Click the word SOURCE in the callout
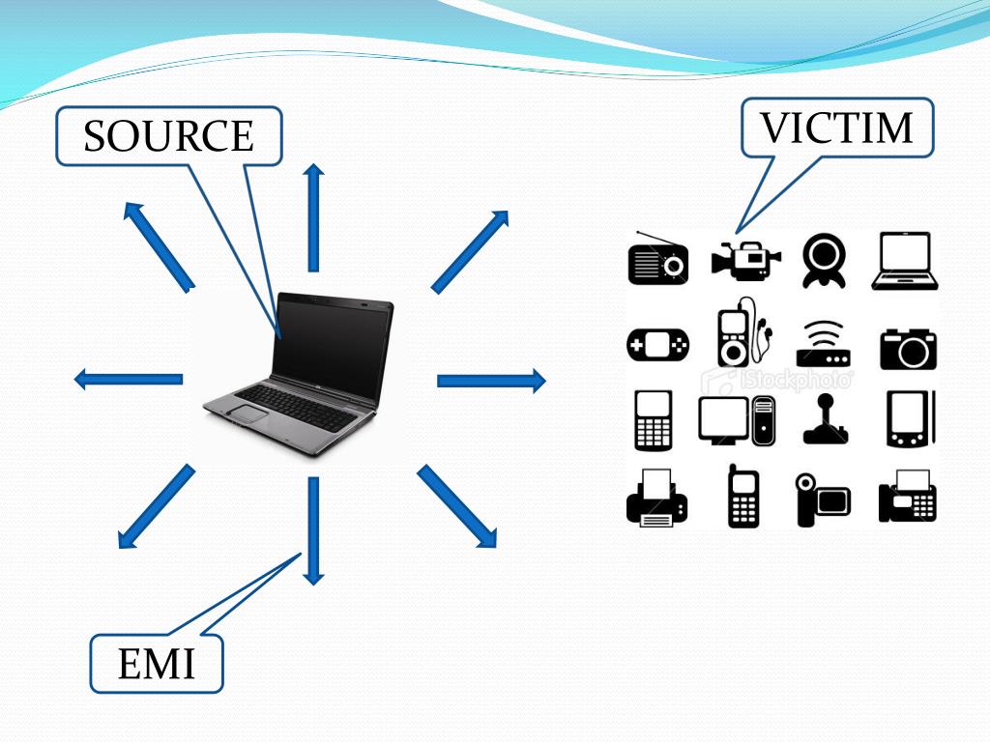[x=168, y=136]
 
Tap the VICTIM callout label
[x=837, y=128]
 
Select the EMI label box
[x=157, y=664]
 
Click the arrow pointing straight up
[x=313, y=217]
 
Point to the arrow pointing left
[x=129, y=379]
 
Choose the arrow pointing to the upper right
[x=470, y=251]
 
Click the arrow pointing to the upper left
[x=159, y=245]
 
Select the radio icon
[x=658, y=259]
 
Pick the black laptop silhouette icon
[x=905, y=261]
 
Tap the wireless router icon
[x=824, y=344]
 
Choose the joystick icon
[x=825, y=419]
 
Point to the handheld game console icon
[x=658, y=345]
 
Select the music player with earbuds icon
[x=742, y=333]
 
